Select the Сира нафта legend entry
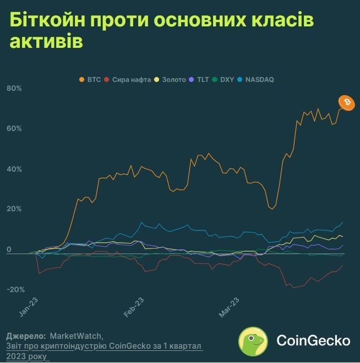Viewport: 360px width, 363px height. (128, 80)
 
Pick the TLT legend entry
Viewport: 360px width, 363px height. (200, 80)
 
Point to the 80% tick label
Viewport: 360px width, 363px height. (14, 89)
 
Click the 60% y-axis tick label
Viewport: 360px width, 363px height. (14, 129)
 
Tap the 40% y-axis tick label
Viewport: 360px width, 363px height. (14, 169)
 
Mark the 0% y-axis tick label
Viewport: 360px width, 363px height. (9, 250)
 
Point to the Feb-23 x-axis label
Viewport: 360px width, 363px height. (134, 307)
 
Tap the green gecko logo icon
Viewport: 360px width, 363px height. (253, 340)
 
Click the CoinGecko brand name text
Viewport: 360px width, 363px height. (313, 341)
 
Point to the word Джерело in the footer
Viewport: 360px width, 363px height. (25, 335)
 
